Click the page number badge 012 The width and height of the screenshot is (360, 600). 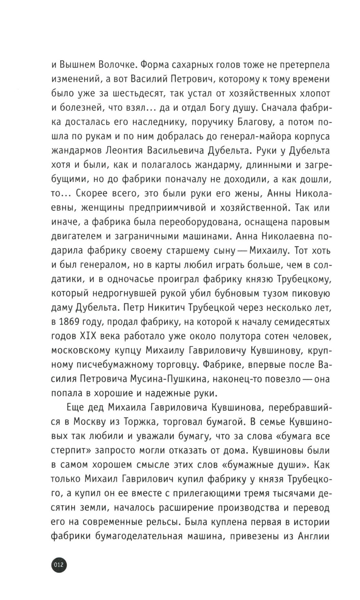58,564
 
